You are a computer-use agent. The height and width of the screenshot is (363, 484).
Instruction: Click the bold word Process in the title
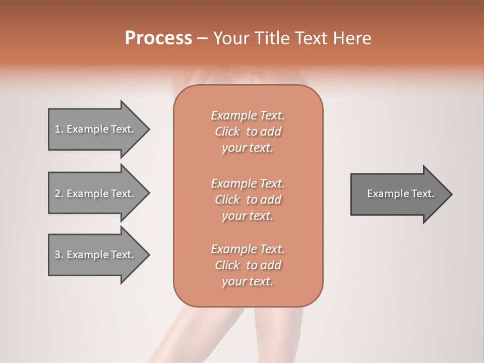[158, 38]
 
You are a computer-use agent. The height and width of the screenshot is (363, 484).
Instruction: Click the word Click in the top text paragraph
[227, 132]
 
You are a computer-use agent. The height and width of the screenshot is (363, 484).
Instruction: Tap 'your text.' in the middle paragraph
[248, 216]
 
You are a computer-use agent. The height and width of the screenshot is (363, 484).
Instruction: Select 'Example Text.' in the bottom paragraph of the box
[248, 249]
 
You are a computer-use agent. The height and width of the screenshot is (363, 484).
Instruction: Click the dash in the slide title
[203, 38]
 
